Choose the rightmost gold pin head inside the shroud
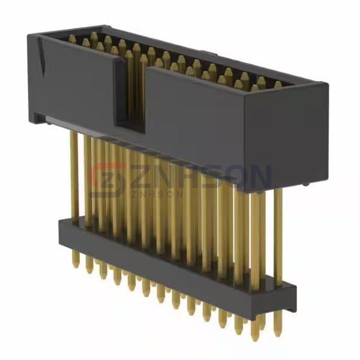coord(277,85)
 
